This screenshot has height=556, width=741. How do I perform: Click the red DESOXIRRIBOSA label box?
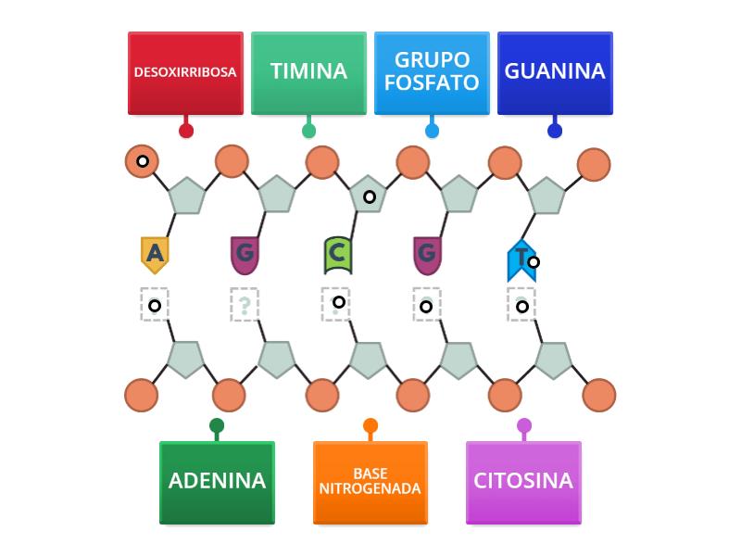coord(185,73)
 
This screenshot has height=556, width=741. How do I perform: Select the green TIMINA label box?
coord(308,73)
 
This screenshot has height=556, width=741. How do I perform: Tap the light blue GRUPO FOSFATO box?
coord(432,73)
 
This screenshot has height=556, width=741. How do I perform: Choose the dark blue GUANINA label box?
coord(555,73)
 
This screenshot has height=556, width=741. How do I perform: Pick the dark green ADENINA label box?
coord(217,483)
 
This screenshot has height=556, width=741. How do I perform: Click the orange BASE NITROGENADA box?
coord(370,483)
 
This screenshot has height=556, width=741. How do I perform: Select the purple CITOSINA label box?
coord(523,483)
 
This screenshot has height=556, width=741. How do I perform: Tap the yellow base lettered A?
coord(155,253)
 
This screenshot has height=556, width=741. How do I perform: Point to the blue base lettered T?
coord(521,259)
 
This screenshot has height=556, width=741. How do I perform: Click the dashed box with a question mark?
coord(245,305)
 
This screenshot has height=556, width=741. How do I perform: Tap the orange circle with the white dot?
coord(143,161)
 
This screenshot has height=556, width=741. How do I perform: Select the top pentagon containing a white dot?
coord(369,196)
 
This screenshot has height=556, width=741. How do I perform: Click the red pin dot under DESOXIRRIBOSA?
coord(185,131)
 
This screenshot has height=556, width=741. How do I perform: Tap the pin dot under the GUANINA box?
coord(555,131)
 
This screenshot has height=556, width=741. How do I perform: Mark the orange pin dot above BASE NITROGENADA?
coord(370,426)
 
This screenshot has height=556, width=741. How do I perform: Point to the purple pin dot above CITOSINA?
coord(523,426)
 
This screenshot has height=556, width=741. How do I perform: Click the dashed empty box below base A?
coord(155,305)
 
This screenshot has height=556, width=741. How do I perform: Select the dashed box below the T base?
coord(521,305)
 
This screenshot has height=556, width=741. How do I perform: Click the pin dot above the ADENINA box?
coord(217,426)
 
